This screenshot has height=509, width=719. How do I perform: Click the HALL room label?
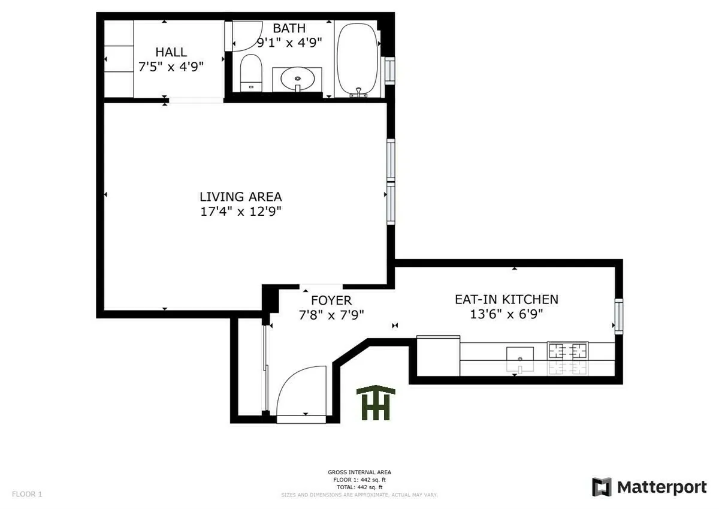coord(171,52)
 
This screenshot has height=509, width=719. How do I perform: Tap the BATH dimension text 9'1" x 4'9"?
coord(289,43)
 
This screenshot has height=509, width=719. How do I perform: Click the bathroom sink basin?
coord(297,78)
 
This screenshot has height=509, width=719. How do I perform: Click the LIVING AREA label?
coord(240,197)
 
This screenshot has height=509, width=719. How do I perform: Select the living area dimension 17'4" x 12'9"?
coord(240,212)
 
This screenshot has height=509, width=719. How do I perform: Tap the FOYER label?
coord(331,300)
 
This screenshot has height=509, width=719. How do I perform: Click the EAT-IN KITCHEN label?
coord(506,299)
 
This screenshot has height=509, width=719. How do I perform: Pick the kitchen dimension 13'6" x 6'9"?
coord(506,314)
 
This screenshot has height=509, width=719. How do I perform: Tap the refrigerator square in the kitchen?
coord(438,356)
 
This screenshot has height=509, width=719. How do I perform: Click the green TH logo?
coord(376,403)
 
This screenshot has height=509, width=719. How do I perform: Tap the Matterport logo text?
coord(661,487)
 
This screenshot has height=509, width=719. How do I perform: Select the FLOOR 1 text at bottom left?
coord(27,495)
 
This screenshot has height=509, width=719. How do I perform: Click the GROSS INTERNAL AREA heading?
coord(359,472)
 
